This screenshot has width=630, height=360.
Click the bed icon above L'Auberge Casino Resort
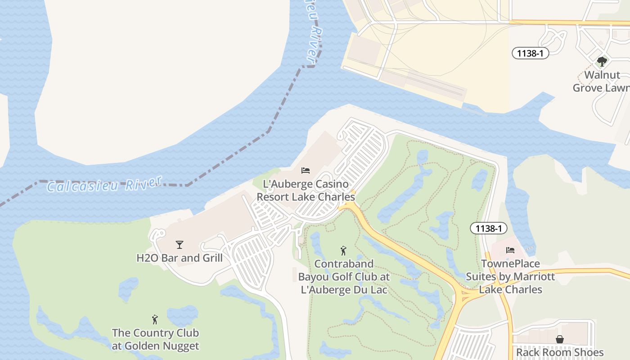[x=306, y=171]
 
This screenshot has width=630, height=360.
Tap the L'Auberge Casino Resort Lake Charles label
[x=306, y=190]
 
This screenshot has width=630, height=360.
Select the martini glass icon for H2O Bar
[x=180, y=245]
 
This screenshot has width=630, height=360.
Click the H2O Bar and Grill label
[x=180, y=258]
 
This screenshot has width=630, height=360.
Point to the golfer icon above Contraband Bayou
[x=344, y=251]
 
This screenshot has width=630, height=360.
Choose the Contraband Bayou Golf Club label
[x=344, y=276]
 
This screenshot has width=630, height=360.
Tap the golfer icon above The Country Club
[x=155, y=319]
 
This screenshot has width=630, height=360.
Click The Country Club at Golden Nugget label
[x=155, y=339]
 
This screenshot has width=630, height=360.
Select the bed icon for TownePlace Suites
[x=510, y=250]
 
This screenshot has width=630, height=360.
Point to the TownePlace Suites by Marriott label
[x=510, y=276]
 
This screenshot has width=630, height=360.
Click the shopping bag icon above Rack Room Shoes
[x=560, y=339]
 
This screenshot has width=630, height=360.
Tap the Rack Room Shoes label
[x=560, y=352]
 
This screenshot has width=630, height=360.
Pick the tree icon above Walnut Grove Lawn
[x=602, y=62]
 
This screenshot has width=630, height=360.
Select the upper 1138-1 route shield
[x=531, y=53]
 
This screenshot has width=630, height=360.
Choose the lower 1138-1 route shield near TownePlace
[x=489, y=228]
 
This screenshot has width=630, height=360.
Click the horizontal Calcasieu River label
[x=104, y=184]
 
